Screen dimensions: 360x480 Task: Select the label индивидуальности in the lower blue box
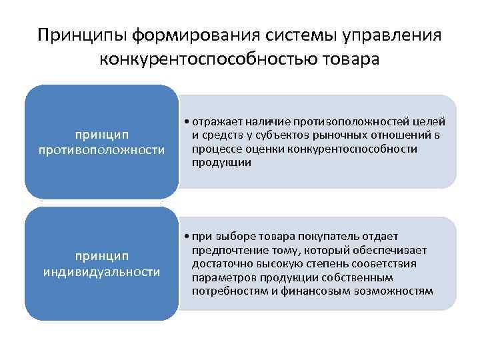(101, 271)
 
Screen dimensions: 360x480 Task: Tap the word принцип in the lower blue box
(101, 256)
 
